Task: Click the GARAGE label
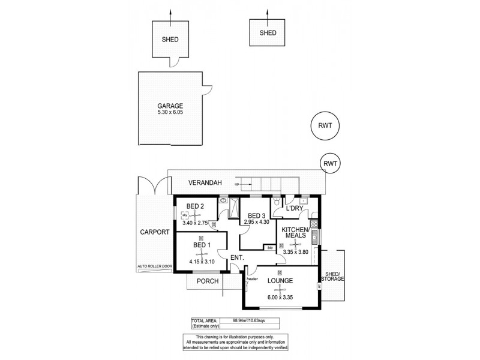coord(171,105)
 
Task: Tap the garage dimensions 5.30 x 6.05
coord(171,112)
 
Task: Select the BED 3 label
coord(257,215)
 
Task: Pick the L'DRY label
coord(295,208)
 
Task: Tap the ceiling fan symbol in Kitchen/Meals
coord(293,244)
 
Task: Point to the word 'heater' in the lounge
coord(252,278)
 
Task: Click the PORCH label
coord(206,281)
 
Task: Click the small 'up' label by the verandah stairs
coord(237,184)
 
